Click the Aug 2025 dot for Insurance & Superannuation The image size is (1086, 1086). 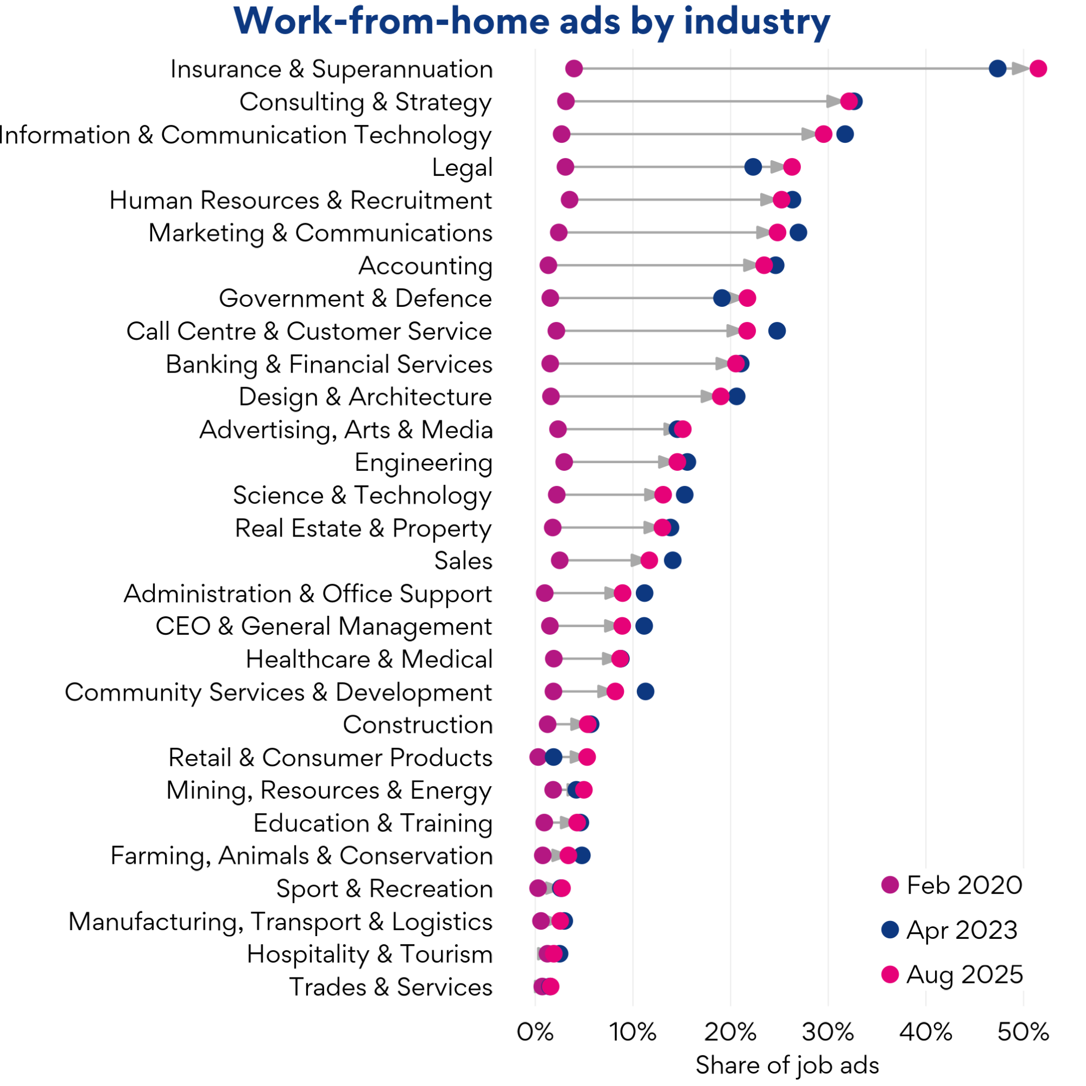point(1038,68)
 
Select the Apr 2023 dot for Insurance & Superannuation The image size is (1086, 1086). point(997,68)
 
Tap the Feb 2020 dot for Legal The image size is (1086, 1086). point(565,167)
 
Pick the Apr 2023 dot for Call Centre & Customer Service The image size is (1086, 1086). point(777,331)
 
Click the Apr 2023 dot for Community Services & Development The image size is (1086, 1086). point(645,691)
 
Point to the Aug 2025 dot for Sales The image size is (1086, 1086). point(649,560)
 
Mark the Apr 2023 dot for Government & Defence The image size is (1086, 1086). point(722,299)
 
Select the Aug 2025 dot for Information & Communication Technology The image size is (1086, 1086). point(824,134)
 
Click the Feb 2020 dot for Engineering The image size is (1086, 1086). point(564,462)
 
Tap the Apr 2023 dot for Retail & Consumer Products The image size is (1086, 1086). point(554,757)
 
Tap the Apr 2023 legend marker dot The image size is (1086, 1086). point(891,930)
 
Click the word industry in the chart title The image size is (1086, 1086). point(756,22)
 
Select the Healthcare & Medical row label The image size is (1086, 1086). point(369,659)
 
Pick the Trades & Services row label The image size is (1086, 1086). point(390,987)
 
